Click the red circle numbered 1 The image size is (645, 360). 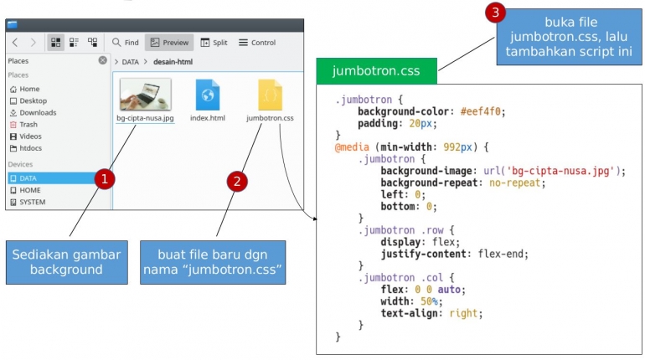click(103, 179)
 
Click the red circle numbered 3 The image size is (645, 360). click(496, 13)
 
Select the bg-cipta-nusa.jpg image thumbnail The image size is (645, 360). click(146, 95)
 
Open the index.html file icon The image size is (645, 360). click(208, 95)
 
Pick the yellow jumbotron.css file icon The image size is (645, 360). click(270, 95)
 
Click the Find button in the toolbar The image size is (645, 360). click(126, 42)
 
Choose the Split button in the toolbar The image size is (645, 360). click(214, 42)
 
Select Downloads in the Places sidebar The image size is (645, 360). click(37, 112)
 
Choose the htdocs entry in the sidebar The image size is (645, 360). click(31, 147)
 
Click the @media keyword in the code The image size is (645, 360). click(352, 147)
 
